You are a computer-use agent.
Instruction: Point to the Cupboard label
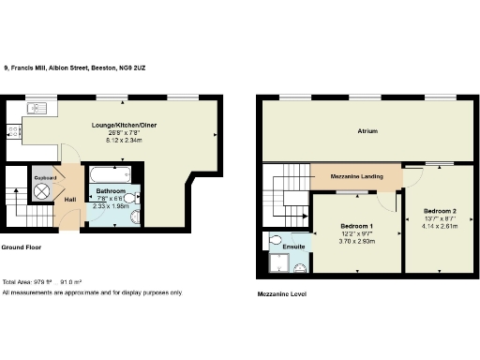coord(46,177)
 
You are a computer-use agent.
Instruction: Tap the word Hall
coord(70,200)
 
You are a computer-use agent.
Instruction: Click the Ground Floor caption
coord(20,247)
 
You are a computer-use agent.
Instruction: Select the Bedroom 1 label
coord(356,227)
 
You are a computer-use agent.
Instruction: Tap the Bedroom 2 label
coord(439,211)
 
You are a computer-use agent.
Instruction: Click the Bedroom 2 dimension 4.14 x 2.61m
coord(439,227)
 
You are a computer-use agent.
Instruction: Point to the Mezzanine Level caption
coord(281,293)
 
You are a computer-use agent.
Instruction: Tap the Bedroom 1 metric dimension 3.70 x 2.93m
coord(356,242)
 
